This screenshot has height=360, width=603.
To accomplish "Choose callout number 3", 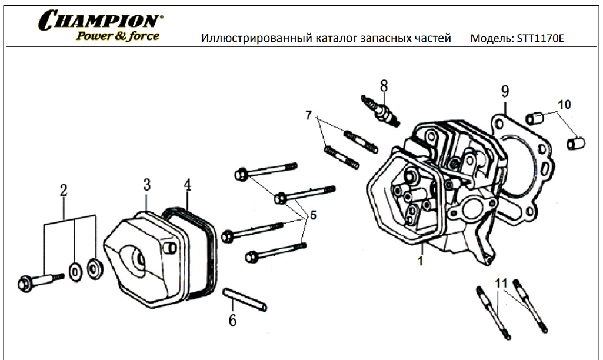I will coord(146,185).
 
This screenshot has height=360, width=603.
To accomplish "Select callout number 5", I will coord(313,215).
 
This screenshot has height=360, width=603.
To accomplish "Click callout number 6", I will coord(232,321).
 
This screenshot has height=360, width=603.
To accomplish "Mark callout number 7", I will coord(308,115).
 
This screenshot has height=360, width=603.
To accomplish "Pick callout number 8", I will coord(384,85).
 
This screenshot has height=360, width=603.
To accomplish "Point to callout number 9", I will coord(505,91).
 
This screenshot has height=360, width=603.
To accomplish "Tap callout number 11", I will coord(501,284).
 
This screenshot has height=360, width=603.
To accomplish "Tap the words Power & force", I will coord(117,36).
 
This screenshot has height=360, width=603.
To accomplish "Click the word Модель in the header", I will coord(491,39).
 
